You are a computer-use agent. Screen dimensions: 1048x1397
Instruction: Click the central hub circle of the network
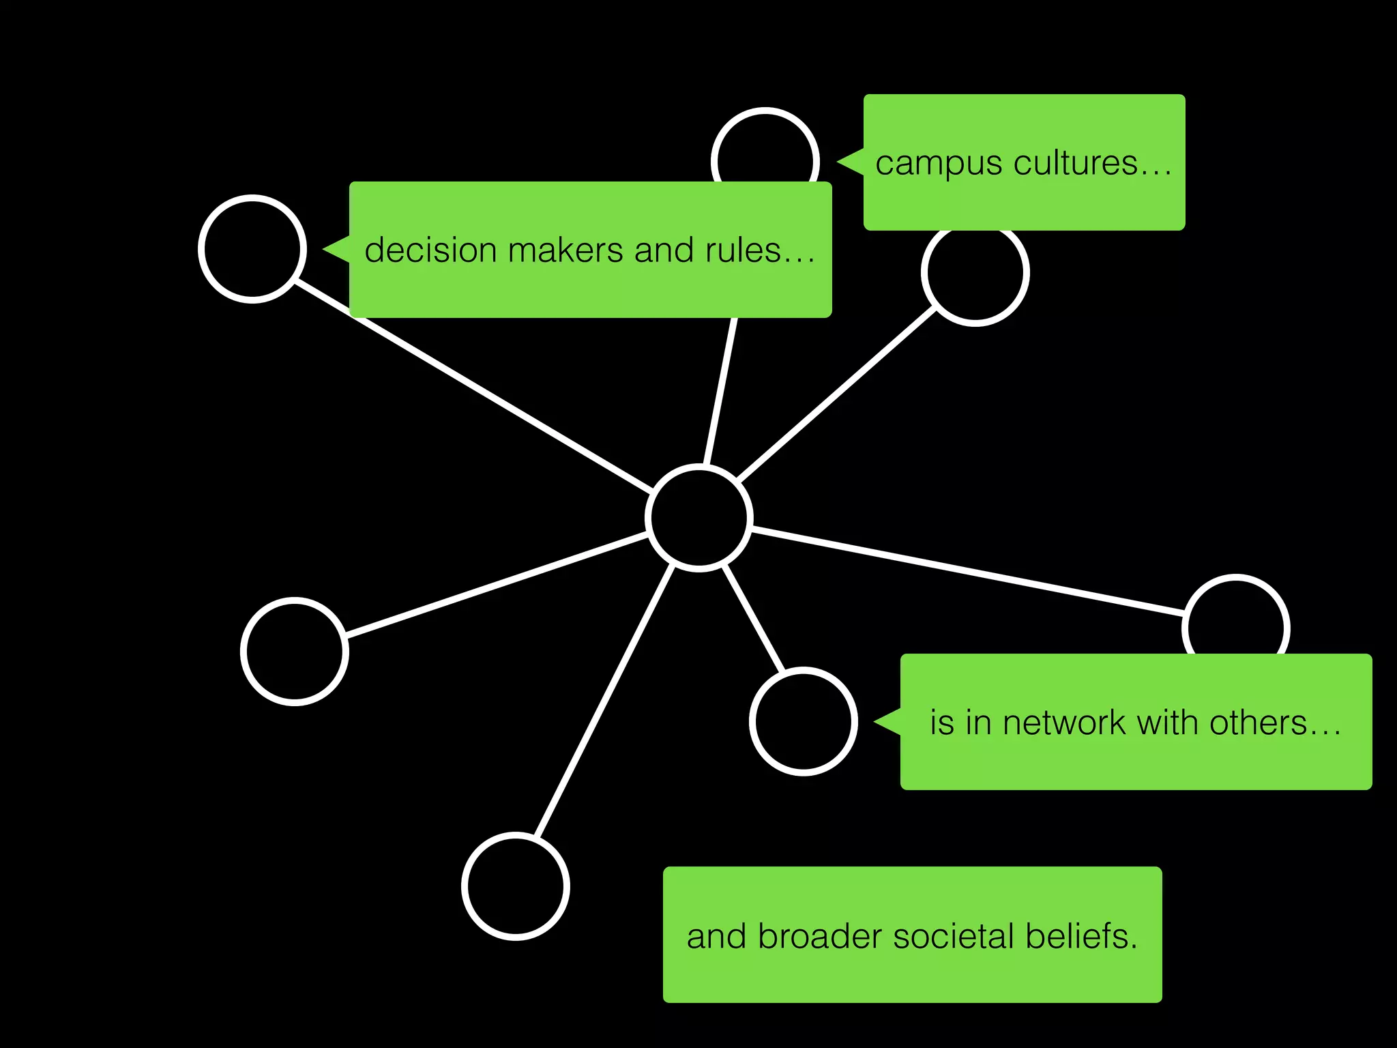[699, 517]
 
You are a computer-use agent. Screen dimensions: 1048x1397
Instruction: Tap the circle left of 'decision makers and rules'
[252, 249]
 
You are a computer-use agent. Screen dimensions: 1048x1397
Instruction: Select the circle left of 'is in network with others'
[804, 721]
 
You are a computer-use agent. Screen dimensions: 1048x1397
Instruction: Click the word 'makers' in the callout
[565, 250]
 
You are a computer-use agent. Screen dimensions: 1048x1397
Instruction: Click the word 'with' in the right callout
[1167, 723]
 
